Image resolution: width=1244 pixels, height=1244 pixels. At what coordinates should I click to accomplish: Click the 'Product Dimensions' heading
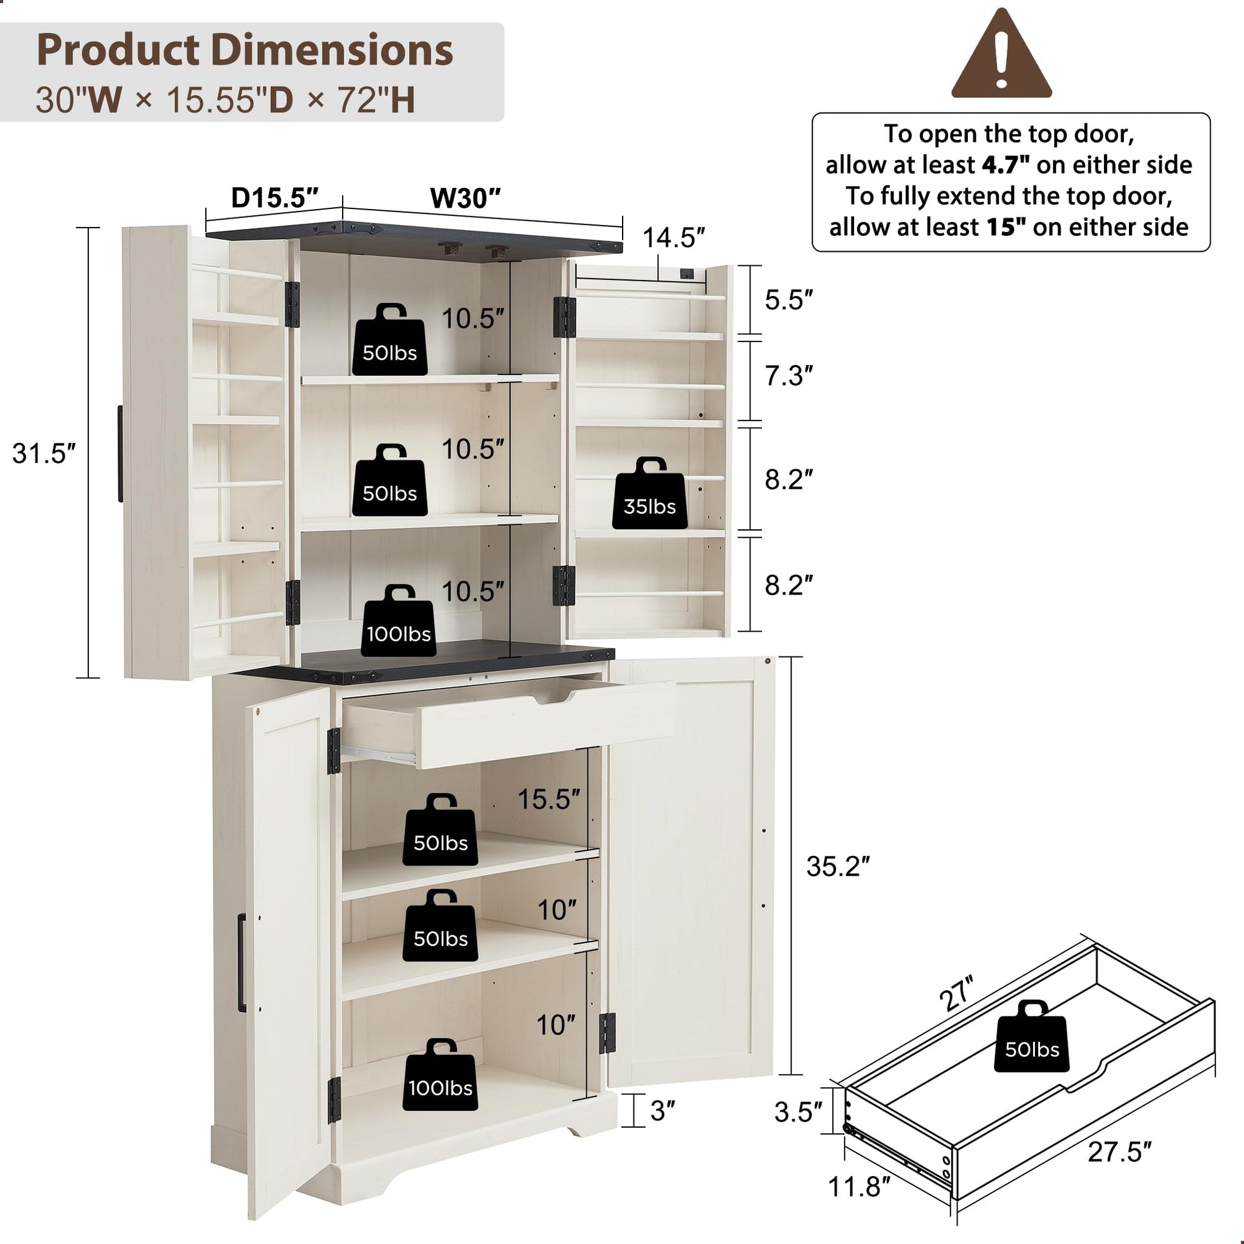[245, 50]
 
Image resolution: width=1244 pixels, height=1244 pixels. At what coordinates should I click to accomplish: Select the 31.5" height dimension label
[43, 453]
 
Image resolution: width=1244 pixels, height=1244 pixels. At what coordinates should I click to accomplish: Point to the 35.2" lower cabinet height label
[837, 867]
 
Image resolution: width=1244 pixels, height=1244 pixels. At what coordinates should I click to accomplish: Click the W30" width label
[465, 198]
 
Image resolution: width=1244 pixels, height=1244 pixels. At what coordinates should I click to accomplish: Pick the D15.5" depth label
[275, 198]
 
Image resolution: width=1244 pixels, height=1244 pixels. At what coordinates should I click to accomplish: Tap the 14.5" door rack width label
[674, 238]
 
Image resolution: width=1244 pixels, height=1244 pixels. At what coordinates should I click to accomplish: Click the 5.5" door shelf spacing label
[789, 300]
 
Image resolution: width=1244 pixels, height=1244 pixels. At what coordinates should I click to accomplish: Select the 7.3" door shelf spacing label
[789, 376]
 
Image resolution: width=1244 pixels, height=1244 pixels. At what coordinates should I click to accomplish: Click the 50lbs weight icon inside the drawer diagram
[1032, 1036]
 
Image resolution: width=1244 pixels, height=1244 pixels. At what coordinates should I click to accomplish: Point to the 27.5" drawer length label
[1119, 1152]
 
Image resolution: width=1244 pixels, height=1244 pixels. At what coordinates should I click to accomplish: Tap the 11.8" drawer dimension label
[859, 1186]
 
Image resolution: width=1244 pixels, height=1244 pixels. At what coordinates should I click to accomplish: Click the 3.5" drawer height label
[798, 1113]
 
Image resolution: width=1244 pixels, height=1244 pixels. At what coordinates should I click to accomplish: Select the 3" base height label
[662, 1111]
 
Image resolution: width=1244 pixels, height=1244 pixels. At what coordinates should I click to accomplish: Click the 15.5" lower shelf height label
[548, 799]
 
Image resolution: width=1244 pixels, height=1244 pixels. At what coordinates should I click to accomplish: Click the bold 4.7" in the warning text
[1005, 165]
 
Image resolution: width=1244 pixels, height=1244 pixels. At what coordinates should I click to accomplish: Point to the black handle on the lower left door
[242, 963]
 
